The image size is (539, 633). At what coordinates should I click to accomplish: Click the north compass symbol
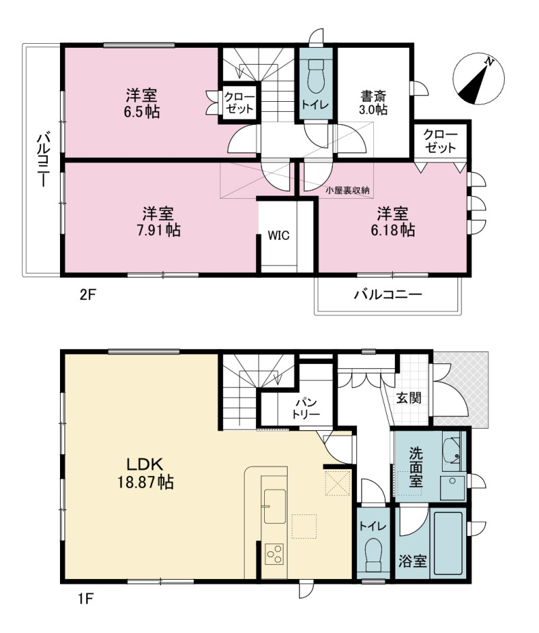click(x=478, y=79)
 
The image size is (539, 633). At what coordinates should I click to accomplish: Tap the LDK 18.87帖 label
click(x=146, y=473)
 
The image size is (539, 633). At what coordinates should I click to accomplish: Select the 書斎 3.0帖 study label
click(x=373, y=102)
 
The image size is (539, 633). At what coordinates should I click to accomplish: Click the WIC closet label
click(x=279, y=235)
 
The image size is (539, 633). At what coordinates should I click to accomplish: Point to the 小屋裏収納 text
click(x=348, y=190)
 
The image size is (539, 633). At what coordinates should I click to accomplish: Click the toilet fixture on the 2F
click(x=315, y=76)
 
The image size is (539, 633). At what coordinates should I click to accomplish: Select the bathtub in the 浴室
click(x=448, y=543)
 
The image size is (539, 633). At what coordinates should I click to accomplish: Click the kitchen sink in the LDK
click(x=275, y=506)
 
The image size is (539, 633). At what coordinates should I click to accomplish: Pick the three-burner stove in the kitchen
click(x=274, y=554)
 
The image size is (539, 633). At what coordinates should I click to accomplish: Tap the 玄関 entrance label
click(x=409, y=398)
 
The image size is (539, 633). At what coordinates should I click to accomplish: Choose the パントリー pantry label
click(x=306, y=408)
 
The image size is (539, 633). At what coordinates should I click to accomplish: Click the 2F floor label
click(x=87, y=295)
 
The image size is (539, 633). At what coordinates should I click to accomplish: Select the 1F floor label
click(x=86, y=599)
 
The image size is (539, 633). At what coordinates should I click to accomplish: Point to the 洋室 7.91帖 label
click(x=158, y=221)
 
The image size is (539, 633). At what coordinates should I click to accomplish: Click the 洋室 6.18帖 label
click(x=393, y=221)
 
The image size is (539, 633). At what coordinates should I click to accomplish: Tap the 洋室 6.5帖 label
click(x=141, y=103)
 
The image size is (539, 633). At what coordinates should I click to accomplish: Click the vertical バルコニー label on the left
click(x=43, y=160)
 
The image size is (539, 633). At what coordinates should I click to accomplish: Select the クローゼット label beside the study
click(x=441, y=141)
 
